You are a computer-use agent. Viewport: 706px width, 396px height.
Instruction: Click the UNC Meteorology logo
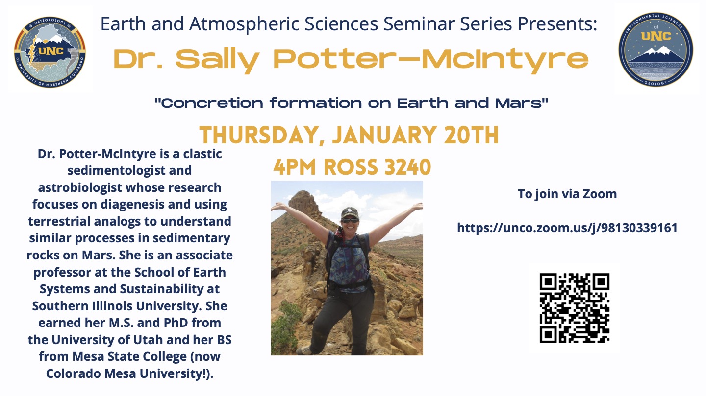coord(50,52)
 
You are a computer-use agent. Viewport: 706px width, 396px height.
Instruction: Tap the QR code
coord(574,308)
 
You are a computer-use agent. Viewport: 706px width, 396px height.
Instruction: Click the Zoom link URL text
coord(567,228)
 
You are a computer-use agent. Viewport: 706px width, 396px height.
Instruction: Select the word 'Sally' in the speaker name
coord(217,60)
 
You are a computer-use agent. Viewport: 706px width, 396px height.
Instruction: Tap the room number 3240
coord(408,167)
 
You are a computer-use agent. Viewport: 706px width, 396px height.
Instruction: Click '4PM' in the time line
coord(294,167)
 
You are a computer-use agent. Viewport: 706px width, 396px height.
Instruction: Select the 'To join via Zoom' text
coord(567,194)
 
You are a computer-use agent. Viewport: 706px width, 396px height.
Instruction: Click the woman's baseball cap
coord(350,213)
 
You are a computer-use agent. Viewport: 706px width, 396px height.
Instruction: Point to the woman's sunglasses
coord(350,220)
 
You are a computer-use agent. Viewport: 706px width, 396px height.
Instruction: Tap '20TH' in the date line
coord(471,135)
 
